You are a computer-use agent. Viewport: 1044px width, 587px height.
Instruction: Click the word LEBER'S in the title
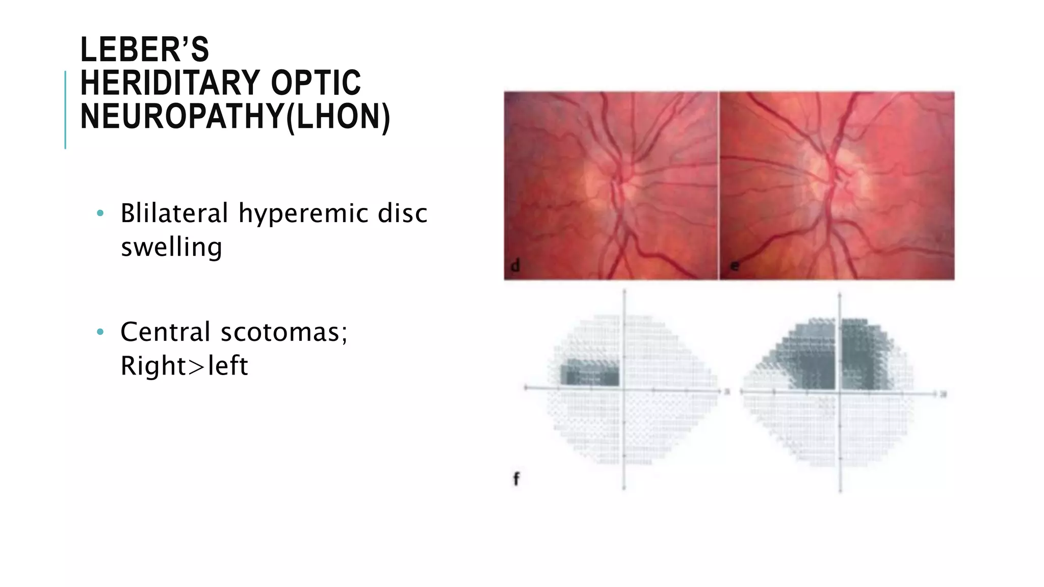click(x=145, y=50)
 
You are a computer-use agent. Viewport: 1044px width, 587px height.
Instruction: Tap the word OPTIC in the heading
click(x=316, y=83)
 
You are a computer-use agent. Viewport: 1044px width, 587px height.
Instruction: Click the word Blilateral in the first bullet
click(x=174, y=213)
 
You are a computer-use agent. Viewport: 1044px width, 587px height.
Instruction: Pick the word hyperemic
click(x=303, y=214)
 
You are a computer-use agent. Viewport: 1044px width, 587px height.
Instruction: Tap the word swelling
click(x=171, y=248)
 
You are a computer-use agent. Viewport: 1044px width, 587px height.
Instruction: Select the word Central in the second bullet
click(x=165, y=332)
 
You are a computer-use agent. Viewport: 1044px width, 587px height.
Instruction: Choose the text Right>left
click(x=184, y=366)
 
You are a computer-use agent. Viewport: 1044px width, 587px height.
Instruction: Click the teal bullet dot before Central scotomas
click(x=100, y=332)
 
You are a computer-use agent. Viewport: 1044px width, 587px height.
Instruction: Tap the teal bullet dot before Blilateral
click(x=100, y=213)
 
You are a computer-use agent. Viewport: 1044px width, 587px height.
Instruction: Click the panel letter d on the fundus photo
click(x=515, y=265)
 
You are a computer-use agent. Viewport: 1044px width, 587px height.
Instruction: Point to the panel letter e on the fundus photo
click(x=735, y=265)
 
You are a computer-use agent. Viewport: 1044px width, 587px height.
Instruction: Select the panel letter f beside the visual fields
click(x=516, y=479)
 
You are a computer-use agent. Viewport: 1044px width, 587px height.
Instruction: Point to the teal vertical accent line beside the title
click(x=65, y=110)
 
